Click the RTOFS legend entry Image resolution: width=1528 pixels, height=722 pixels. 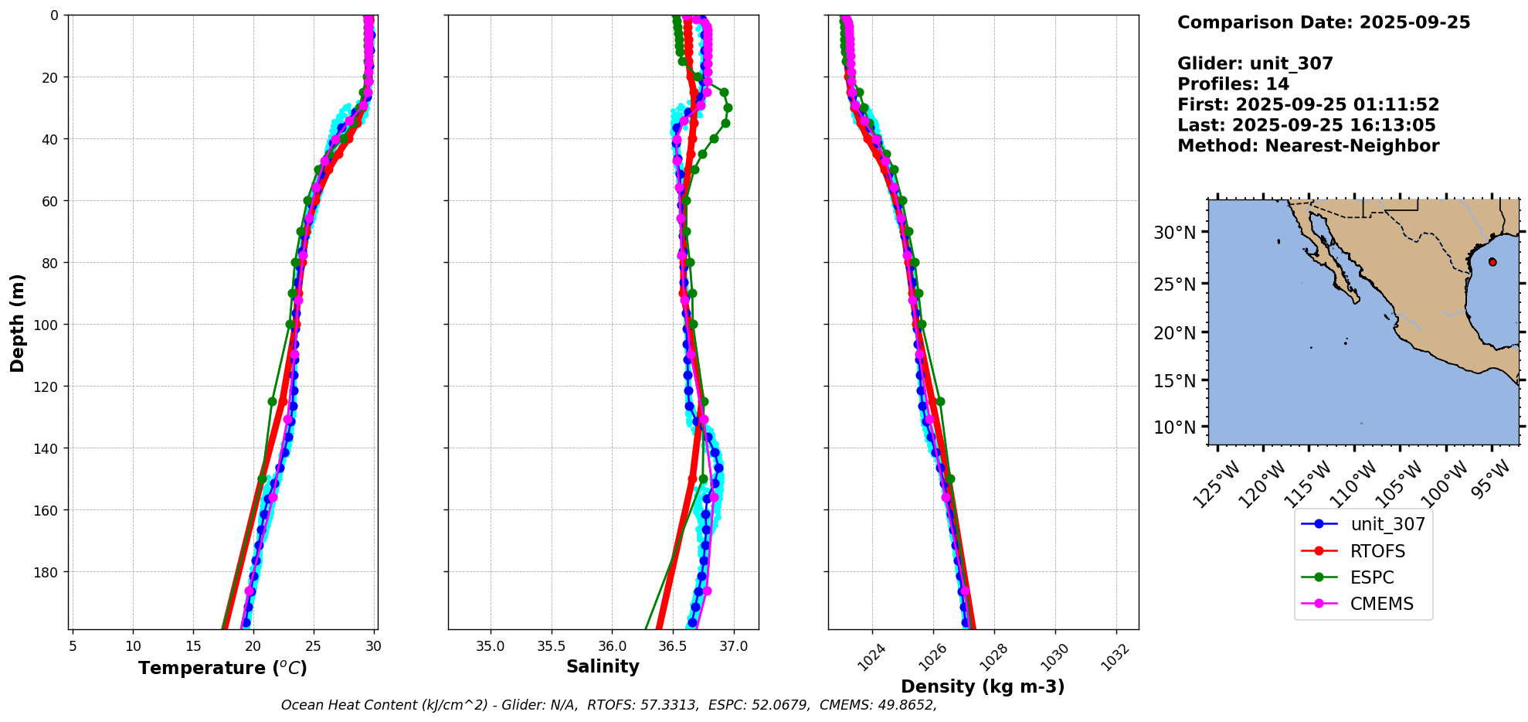[1377, 551]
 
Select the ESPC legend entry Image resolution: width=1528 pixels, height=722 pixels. [1372, 577]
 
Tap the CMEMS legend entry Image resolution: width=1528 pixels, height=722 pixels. [1381, 604]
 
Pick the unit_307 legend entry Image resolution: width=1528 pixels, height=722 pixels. [1387, 524]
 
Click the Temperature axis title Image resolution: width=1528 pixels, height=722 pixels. [222, 668]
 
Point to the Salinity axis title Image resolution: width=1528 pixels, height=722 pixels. [603, 666]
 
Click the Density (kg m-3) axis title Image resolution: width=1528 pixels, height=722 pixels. [983, 686]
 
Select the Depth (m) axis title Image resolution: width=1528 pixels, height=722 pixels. [17, 322]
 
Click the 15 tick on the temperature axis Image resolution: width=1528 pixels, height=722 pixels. [193, 646]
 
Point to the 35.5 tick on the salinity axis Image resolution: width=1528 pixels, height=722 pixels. [551, 646]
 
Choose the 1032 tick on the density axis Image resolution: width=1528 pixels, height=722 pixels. [1115, 658]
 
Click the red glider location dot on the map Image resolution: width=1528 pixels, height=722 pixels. [1492, 262]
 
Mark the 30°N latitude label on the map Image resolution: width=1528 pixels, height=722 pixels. [1174, 233]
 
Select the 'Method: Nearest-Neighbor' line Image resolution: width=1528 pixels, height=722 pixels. [1308, 146]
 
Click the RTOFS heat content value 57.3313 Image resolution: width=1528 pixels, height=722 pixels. [668, 705]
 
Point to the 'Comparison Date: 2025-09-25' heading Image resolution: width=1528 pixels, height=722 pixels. [1323, 22]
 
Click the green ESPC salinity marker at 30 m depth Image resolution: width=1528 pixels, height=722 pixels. [728, 108]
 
